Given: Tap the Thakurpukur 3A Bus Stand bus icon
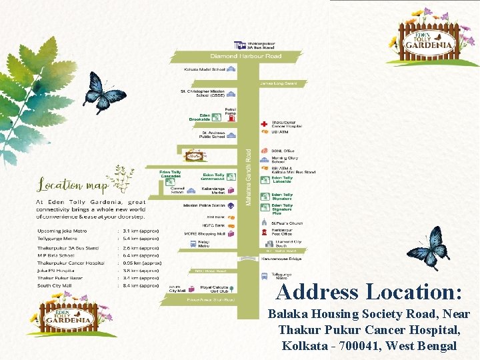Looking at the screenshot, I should [239, 45].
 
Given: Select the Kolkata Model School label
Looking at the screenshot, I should [204, 69].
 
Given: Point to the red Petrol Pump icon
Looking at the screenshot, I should [231, 118].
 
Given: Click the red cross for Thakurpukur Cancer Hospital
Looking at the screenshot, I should [265, 123].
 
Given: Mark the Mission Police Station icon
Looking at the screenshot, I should [231, 206].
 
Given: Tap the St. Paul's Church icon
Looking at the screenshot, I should [265, 224].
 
